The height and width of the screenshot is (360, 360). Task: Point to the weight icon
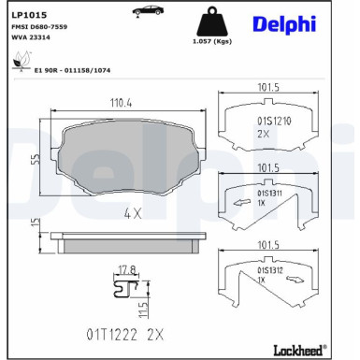pos(212,23)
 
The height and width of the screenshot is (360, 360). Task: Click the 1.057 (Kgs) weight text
pos(212,43)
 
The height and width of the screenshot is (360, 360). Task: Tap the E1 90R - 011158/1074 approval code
pos(71,69)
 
